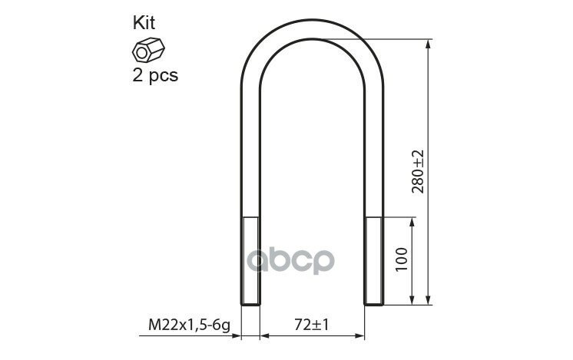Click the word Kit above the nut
[x=144, y=23]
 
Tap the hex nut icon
[x=148, y=50]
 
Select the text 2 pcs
[x=155, y=76]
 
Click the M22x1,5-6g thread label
[x=189, y=325]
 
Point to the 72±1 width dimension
[x=311, y=325]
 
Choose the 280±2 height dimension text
[x=417, y=171]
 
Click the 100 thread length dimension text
[x=401, y=259]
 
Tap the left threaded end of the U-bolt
[x=250, y=261]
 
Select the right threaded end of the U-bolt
[x=374, y=261]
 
